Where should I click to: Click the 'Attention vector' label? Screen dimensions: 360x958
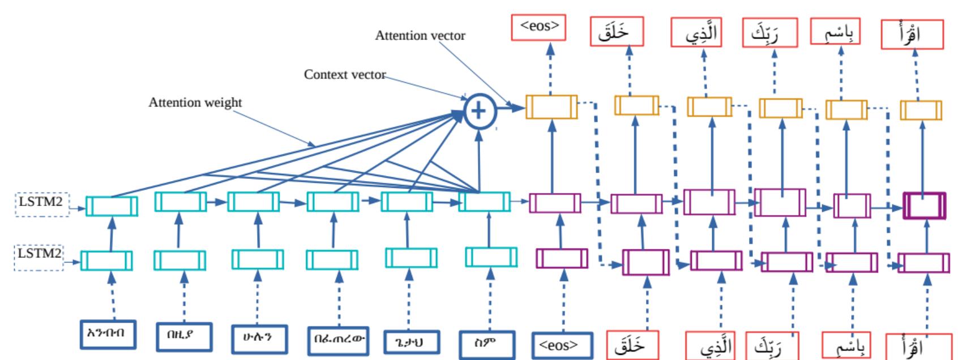coord(420,36)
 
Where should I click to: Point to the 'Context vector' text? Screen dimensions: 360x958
coord(345,75)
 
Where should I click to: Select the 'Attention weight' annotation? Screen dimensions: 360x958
coord(195,102)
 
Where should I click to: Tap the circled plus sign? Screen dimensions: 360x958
coord(480,110)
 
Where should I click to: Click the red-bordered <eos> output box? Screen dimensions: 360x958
coord(538,27)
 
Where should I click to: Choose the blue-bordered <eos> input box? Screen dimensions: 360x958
coord(562,345)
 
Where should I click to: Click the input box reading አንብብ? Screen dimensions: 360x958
coord(108,334)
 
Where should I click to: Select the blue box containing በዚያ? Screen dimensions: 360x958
coord(183,337)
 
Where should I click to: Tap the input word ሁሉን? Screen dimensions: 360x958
coord(259,339)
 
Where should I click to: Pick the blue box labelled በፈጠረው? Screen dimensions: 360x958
coord(338,341)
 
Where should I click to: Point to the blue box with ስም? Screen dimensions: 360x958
coord(487,344)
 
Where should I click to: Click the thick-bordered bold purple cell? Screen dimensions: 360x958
coord(924,205)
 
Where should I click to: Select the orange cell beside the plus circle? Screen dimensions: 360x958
coord(551,107)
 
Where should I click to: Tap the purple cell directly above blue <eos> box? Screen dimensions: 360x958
coord(562,258)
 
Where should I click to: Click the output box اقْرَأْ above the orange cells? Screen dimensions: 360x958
coord(912,35)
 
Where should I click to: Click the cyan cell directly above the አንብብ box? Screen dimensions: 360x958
coord(106,261)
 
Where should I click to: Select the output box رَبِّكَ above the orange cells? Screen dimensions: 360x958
coord(770,33)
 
